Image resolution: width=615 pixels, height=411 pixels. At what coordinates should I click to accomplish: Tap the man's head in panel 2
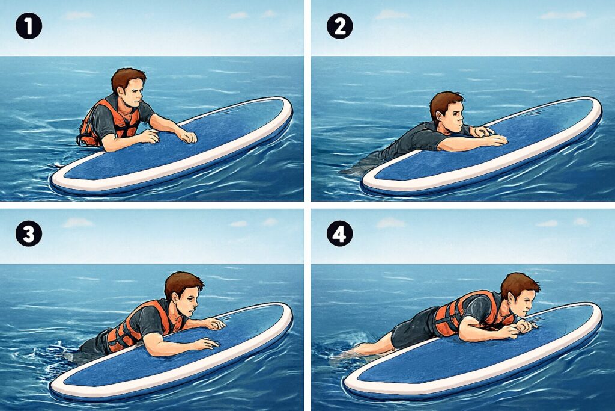click(447, 113)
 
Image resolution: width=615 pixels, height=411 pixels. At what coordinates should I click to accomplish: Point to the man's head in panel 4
click(520, 294)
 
